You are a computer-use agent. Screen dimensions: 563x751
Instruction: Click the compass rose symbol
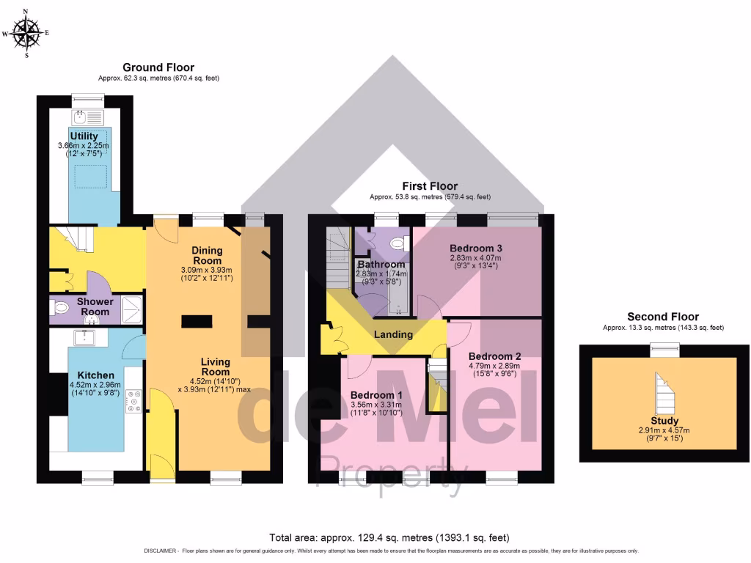point(27,33)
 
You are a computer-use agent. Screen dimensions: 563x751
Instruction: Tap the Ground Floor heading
point(158,67)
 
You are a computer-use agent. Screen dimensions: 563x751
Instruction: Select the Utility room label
point(84,136)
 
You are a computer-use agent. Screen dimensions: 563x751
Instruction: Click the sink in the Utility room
point(81,117)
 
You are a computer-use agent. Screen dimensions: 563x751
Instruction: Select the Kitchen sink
point(86,337)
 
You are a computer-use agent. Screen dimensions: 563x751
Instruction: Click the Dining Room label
point(207,255)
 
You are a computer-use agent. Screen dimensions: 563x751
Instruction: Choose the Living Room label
point(216,367)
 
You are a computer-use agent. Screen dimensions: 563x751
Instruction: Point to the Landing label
point(394,334)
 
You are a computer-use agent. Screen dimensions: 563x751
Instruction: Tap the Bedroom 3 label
point(475,248)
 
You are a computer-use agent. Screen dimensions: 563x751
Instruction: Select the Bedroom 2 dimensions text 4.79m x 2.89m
point(494,365)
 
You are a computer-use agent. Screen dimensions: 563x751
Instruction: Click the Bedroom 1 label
point(375,395)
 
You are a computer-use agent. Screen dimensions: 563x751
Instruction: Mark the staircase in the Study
point(664,392)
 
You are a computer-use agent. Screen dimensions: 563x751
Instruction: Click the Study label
point(663,421)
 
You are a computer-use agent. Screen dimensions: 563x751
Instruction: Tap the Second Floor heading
point(663,317)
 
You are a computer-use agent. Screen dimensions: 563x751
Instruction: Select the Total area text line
point(389,537)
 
